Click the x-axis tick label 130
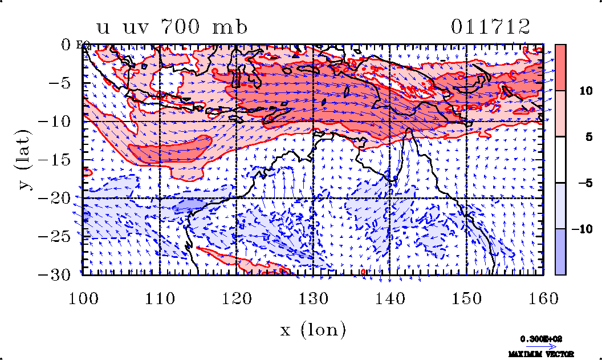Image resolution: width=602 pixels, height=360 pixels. coord(313,298)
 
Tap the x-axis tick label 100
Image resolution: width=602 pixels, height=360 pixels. coord(83,298)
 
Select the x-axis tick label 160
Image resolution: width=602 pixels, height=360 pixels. coord(543,298)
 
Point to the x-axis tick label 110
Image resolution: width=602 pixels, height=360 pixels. coord(160,298)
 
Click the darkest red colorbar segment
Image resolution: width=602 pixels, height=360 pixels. coord(560,67)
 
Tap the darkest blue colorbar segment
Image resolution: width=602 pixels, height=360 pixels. coord(560,252)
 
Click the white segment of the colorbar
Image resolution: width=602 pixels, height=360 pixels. coord(560,160)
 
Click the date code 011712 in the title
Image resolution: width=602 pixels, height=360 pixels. coord(490,27)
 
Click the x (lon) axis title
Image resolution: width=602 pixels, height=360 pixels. coord(313,329)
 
